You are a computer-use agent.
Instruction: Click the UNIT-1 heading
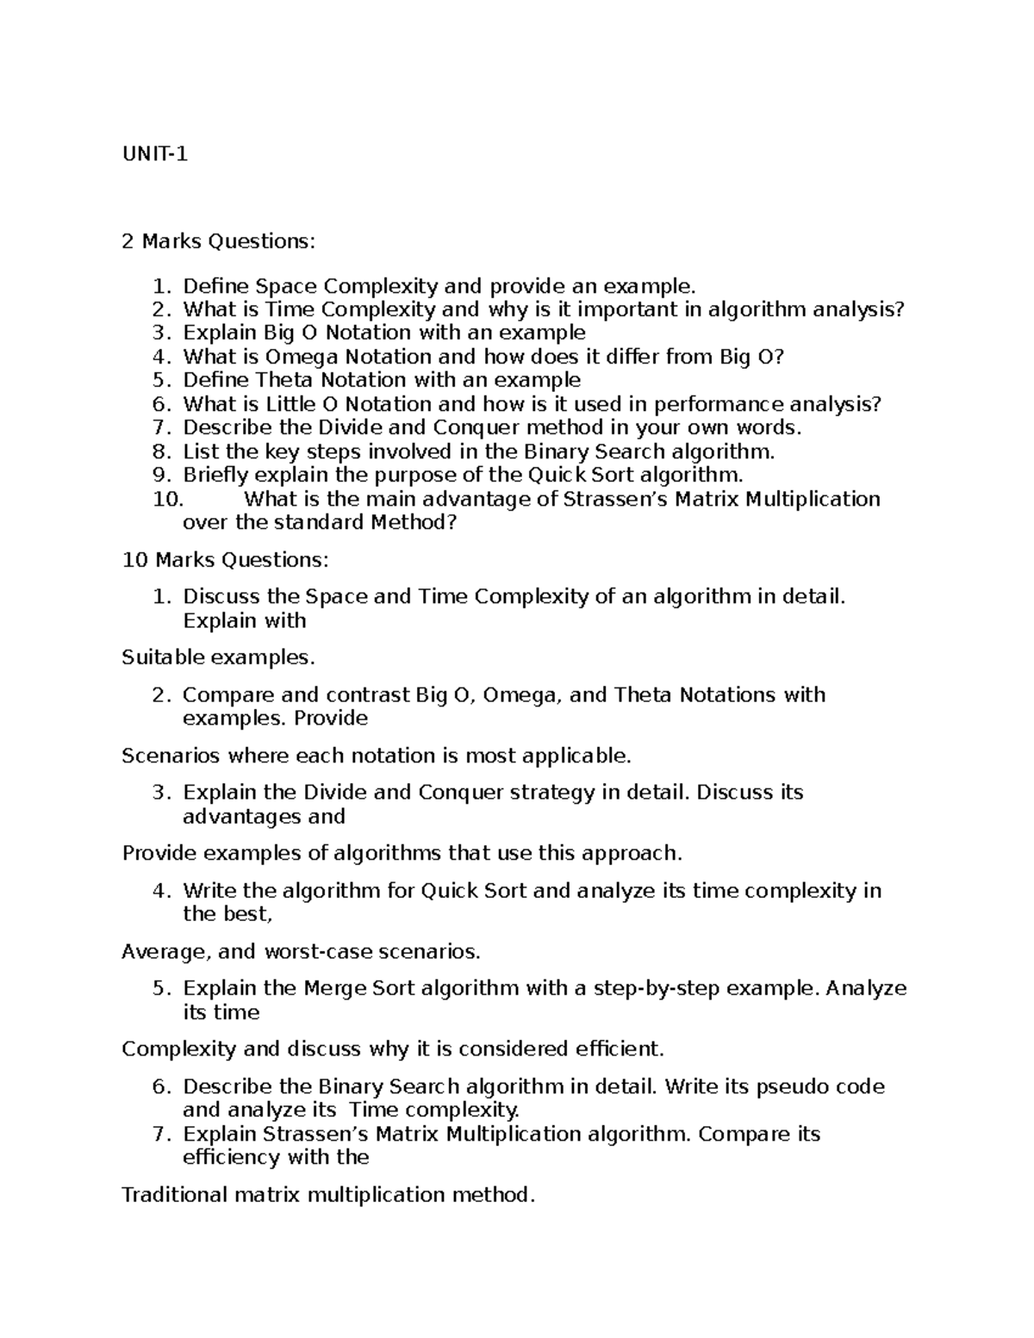click(155, 154)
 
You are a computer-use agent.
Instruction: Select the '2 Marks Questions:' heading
click(219, 241)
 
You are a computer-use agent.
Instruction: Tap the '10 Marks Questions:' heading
click(225, 560)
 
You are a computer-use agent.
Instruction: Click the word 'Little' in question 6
click(290, 404)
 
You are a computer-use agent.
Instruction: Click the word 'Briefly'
click(213, 476)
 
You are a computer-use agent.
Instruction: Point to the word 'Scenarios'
click(171, 756)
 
